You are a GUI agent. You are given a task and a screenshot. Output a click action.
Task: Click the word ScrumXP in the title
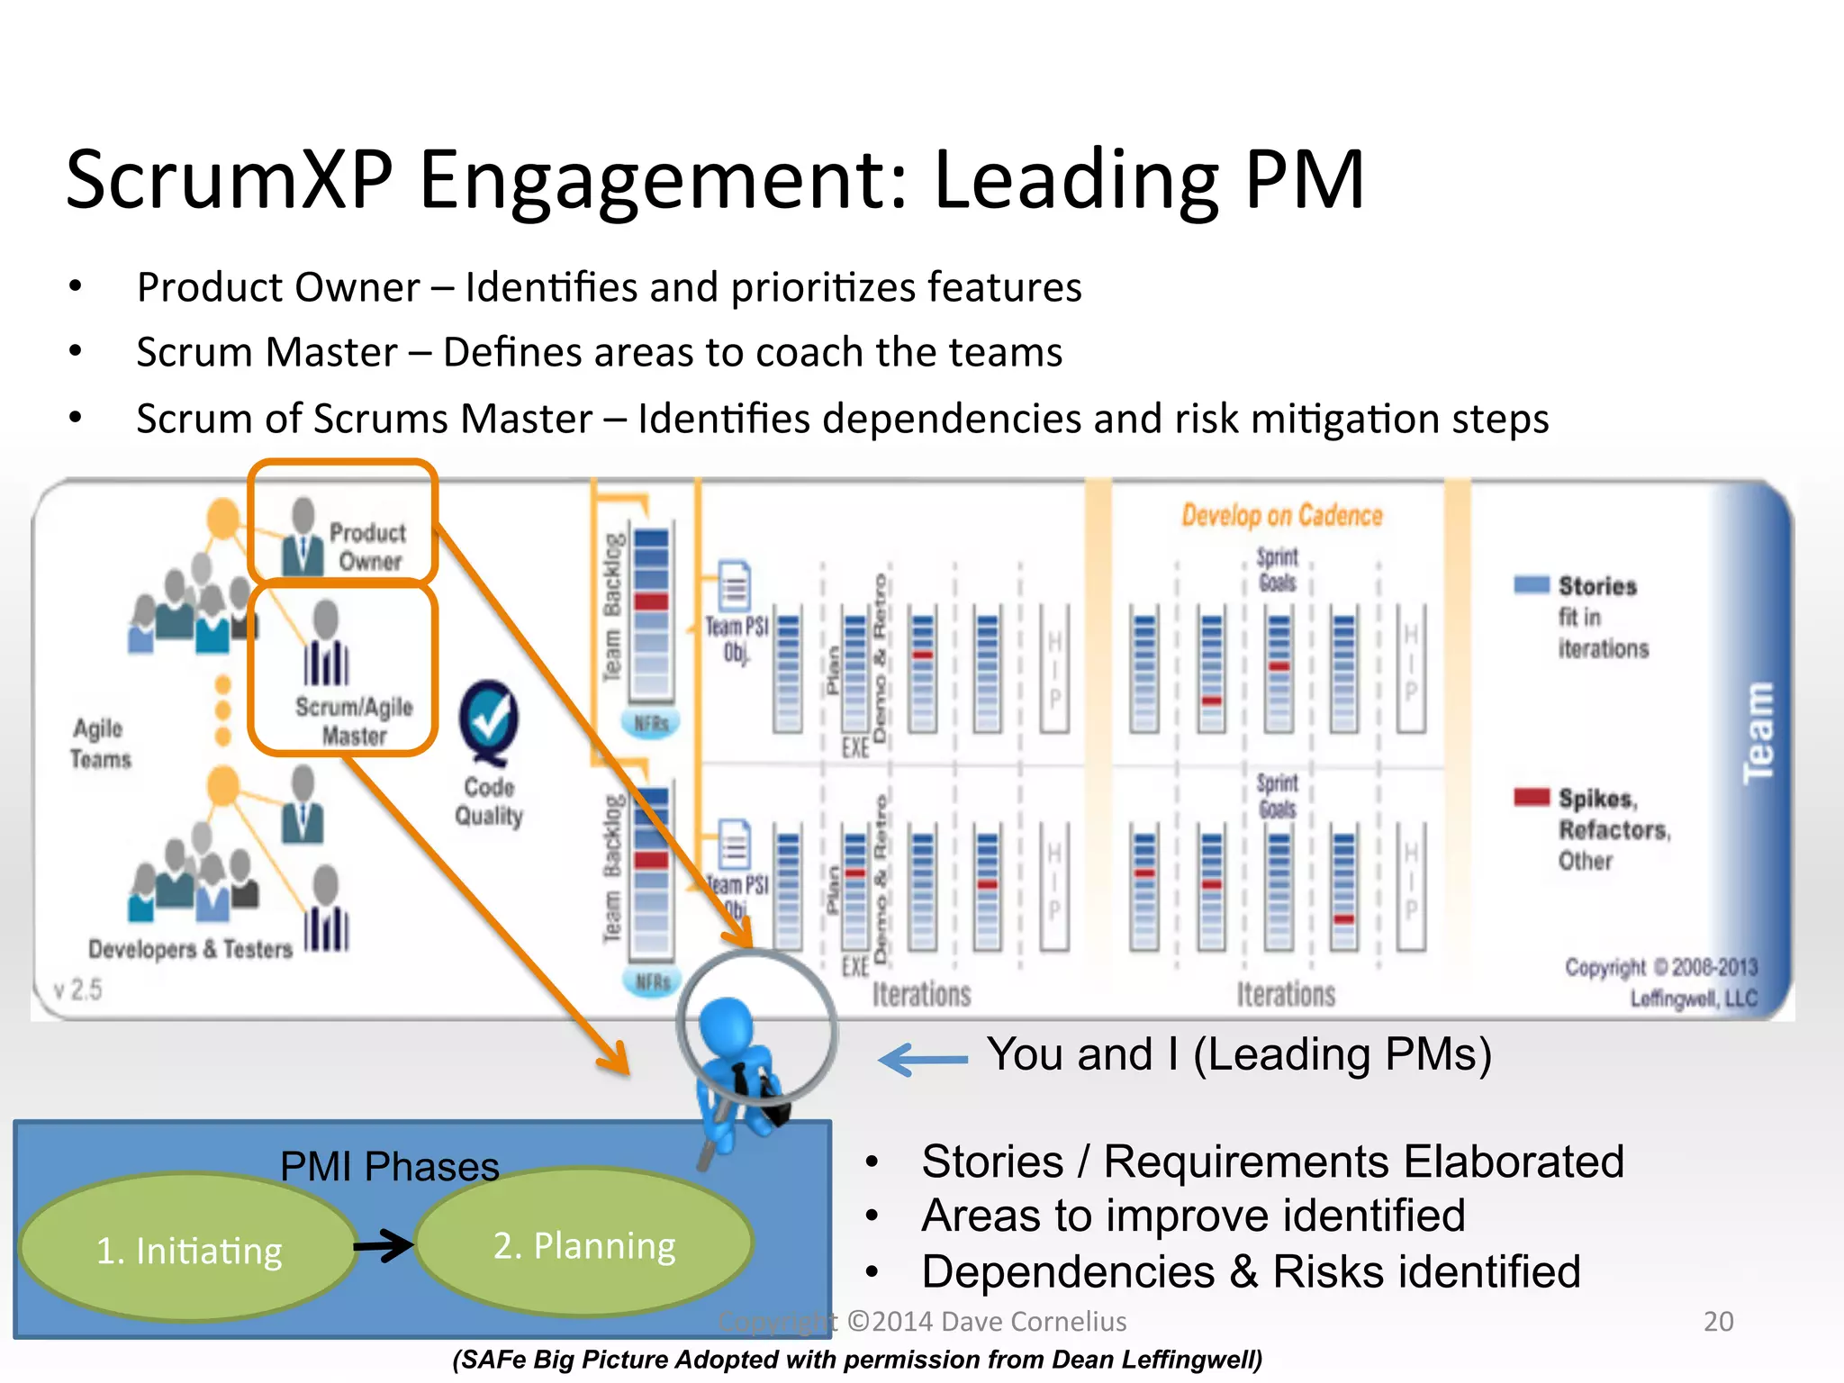tap(230, 180)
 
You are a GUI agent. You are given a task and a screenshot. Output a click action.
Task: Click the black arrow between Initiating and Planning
tap(384, 1246)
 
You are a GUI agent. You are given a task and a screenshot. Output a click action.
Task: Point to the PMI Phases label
tap(389, 1167)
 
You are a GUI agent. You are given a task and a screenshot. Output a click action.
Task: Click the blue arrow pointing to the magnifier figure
tap(922, 1060)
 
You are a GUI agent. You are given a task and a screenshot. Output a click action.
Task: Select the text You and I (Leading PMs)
tap(1239, 1054)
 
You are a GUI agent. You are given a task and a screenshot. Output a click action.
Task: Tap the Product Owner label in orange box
tap(367, 547)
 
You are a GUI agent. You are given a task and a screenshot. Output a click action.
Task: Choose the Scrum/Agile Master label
tap(354, 721)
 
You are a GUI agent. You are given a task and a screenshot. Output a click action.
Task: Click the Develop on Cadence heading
tap(1281, 516)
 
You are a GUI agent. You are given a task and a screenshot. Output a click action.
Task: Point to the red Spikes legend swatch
tap(1532, 797)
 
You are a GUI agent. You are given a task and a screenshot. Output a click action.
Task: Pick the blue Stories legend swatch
tap(1532, 584)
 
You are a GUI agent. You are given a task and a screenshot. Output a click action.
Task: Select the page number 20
tap(1718, 1321)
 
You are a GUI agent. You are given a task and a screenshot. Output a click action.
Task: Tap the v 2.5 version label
tap(77, 990)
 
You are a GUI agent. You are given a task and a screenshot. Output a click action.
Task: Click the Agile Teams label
tap(100, 744)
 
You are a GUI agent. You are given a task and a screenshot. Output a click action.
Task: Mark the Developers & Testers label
tap(190, 949)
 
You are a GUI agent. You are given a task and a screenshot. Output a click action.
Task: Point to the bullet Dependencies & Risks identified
tap(1250, 1272)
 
